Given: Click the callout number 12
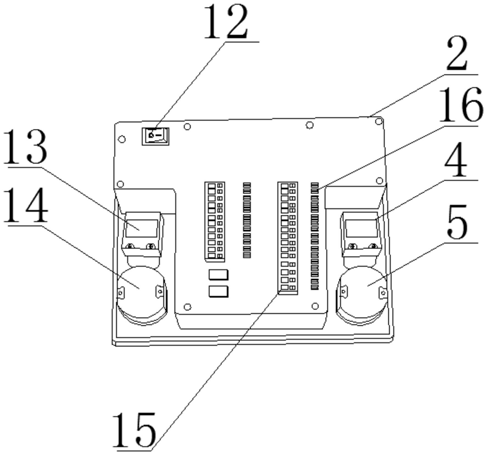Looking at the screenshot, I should click(x=226, y=23).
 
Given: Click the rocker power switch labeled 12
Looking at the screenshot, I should click(x=155, y=135).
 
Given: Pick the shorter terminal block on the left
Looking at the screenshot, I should click(x=214, y=220).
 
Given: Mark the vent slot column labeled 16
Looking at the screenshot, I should click(x=315, y=236).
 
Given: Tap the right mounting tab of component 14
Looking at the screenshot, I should click(x=160, y=290).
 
